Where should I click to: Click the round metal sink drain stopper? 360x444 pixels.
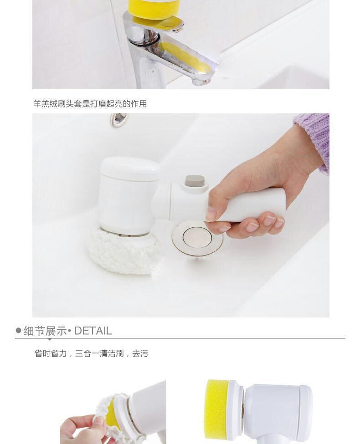point(197,237)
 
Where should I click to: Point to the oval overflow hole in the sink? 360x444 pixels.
point(119,120)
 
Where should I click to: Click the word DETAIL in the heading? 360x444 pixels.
point(93,331)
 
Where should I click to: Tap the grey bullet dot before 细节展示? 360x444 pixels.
point(18,331)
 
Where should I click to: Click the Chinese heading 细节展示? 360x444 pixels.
point(45,331)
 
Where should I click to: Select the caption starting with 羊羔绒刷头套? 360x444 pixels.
point(90,104)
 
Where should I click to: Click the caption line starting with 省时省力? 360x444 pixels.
point(91,353)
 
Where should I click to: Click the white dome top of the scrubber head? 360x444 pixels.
point(130,168)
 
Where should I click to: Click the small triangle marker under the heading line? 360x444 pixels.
point(49,339)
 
